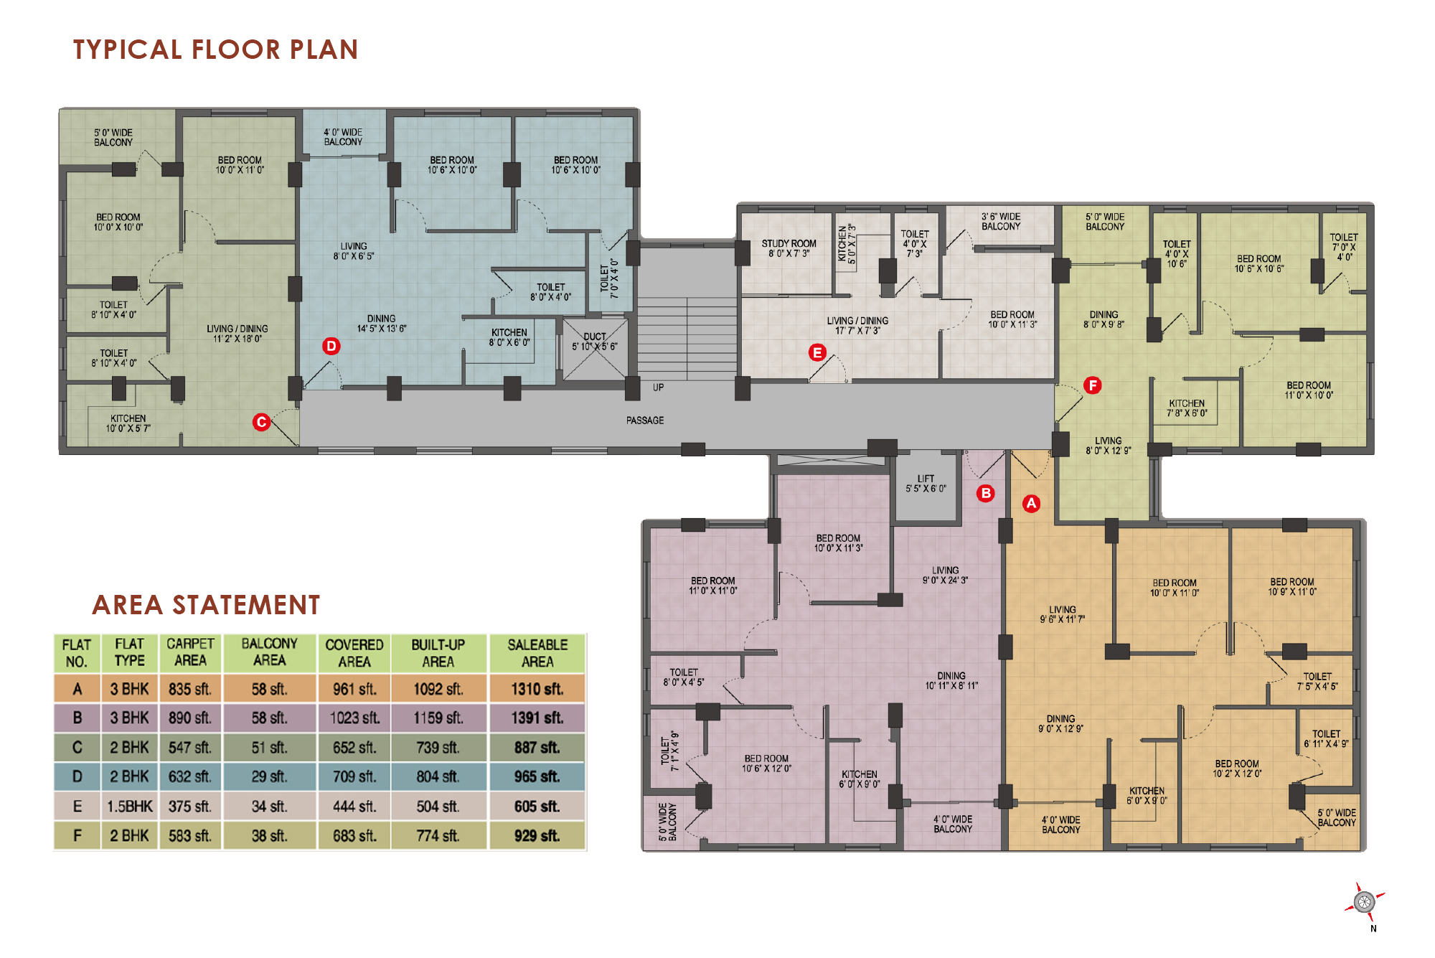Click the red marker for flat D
point(331,346)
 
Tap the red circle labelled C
point(261,422)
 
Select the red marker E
point(817,352)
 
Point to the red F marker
point(1093,385)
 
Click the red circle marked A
point(1031,503)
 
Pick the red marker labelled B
point(986,493)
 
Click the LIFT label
point(926,479)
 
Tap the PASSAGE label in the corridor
point(645,421)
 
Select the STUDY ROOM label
point(789,244)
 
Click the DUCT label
point(595,337)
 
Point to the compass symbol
point(1365,901)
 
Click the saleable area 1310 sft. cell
point(537,689)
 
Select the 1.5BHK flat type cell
point(130,807)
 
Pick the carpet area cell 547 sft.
point(190,748)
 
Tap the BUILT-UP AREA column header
point(438,653)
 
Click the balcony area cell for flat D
point(270,776)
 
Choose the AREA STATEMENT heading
point(206,605)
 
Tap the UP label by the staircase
point(659,388)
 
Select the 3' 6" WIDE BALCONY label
point(1001,221)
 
